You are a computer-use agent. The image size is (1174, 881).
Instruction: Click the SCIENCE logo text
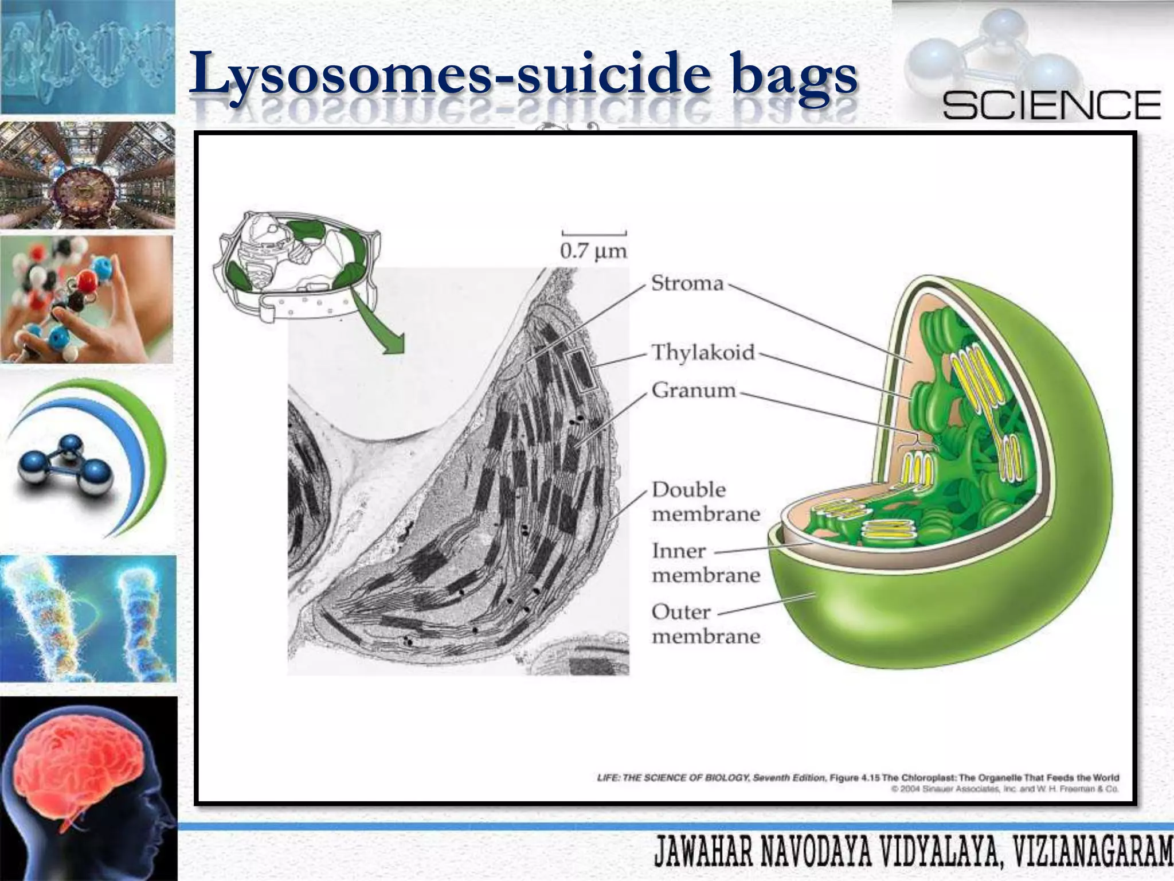1051,104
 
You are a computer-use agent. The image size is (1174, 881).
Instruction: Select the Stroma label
687,284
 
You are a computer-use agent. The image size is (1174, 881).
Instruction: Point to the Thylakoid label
703,352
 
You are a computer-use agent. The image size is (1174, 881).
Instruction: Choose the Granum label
694,391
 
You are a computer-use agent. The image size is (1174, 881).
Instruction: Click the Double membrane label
706,501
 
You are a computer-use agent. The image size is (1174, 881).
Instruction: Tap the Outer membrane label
706,624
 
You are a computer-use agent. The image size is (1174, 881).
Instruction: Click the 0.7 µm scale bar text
594,251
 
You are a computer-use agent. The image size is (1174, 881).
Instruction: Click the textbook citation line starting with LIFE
858,778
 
